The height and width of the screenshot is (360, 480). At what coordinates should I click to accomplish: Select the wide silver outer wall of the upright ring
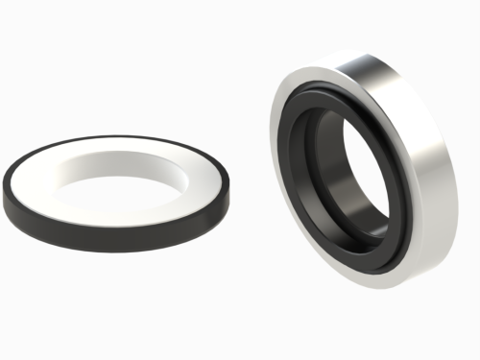[x=422, y=163]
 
